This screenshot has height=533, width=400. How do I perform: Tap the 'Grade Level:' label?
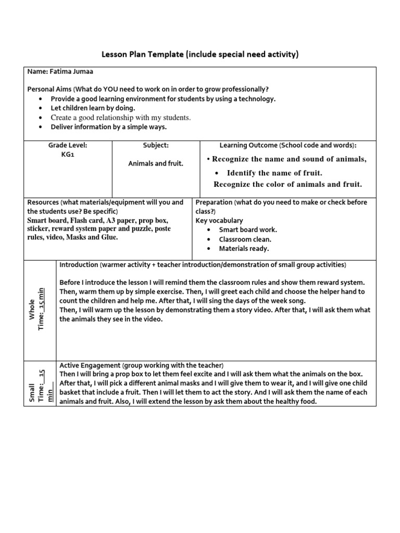pos(68,145)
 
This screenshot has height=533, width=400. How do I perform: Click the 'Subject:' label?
pos(156,145)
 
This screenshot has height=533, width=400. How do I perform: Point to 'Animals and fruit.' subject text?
pos(156,163)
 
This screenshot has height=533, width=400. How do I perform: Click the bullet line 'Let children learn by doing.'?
pos(93,108)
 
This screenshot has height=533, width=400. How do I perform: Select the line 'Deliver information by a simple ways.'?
pos(109,127)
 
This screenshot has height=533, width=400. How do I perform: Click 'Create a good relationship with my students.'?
pos(120,118)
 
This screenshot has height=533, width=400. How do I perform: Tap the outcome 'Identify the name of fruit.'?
pos(274,173)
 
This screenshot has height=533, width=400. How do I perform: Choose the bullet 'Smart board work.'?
pos(248,230)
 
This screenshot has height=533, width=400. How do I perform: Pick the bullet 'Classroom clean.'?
pos(245,239)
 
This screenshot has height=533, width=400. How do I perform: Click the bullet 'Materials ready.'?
pos(244,249)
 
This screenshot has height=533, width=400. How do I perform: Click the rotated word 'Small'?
pos(33,392)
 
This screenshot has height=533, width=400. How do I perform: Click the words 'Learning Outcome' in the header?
pos(248,145)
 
